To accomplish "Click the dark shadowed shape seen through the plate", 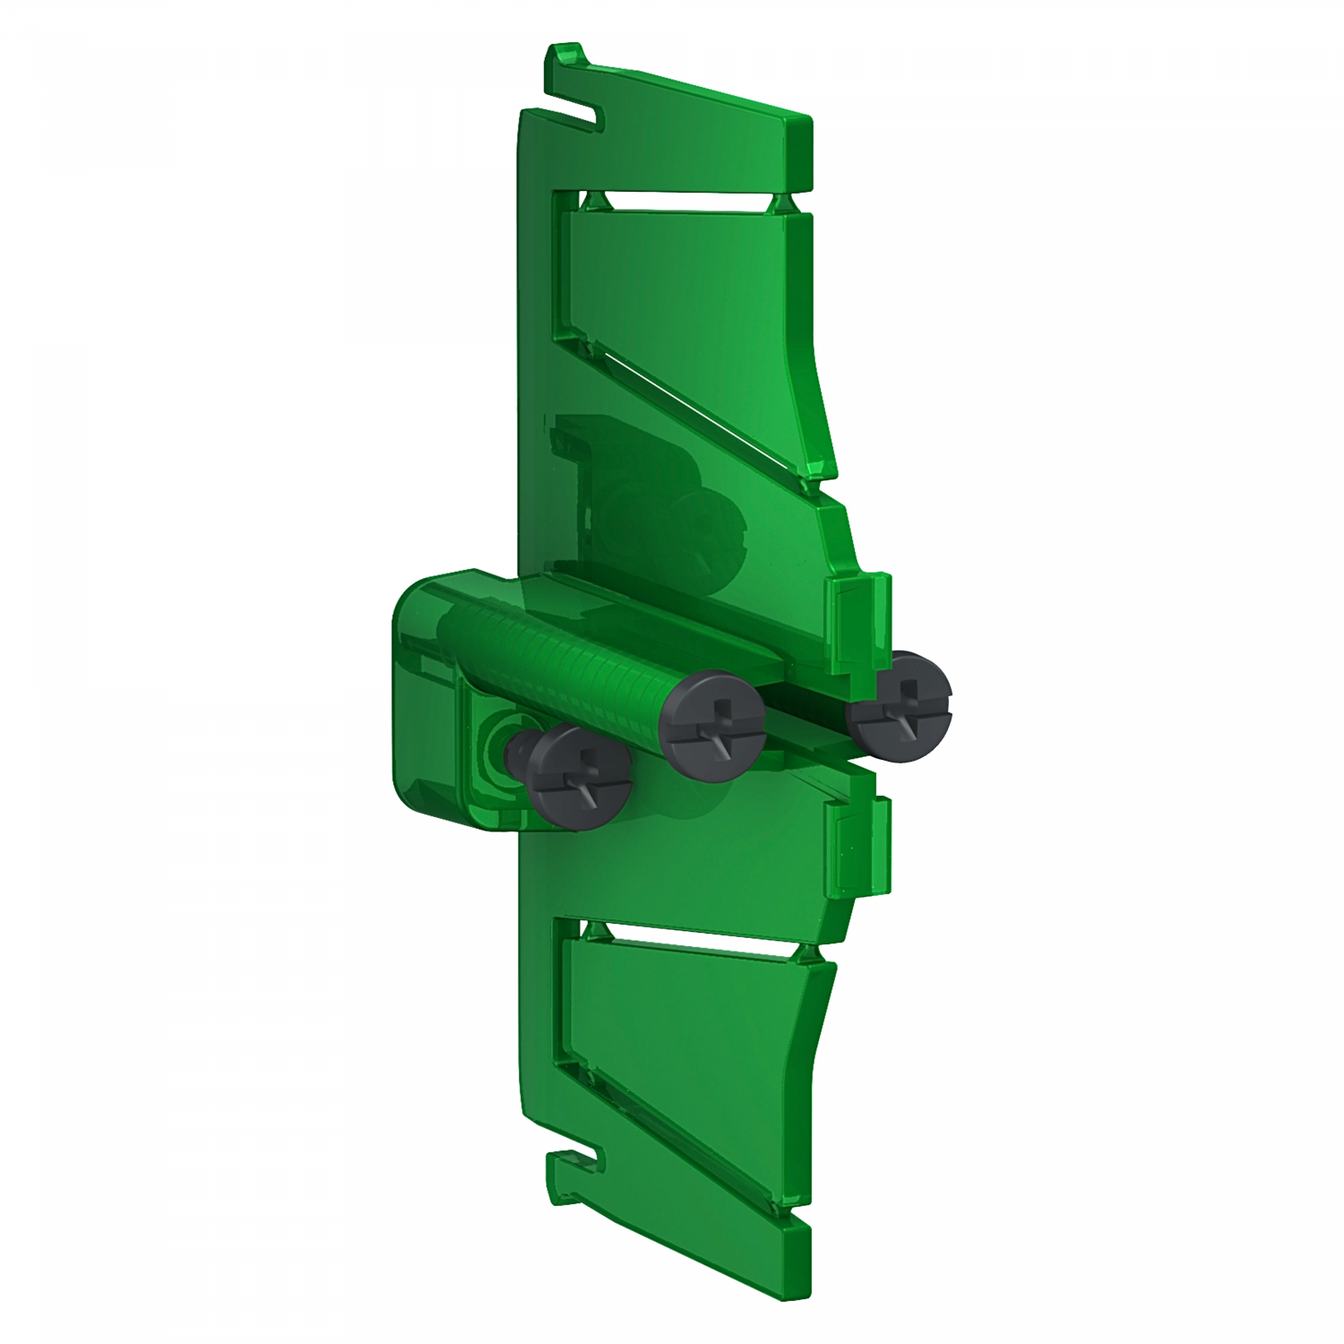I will pyautogui.click(x=645, y=502).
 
